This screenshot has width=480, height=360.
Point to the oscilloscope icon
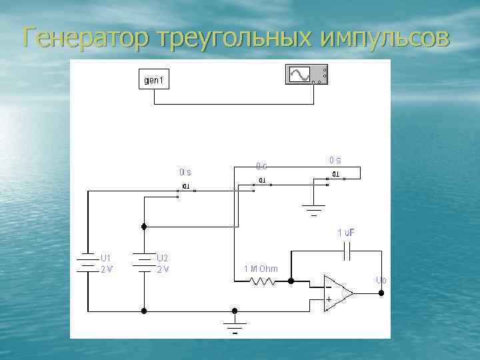coord(306,75)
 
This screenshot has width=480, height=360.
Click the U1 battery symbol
coord(88,262)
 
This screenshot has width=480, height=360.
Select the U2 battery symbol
coord(144,262)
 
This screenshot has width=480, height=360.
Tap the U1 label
coord(106,257)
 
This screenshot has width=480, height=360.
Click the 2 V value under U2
coord(163,269)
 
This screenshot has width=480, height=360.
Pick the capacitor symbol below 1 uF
coord(349,251)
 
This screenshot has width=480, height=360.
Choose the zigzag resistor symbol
coord(261,281)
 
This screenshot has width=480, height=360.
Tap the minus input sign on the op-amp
coord(328,286)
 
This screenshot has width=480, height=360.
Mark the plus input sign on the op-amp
coord(328,299)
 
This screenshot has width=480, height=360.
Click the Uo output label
coord(380,280)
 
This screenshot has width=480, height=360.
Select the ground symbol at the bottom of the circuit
coord(235,327)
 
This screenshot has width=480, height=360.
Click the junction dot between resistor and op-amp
coord(291,281)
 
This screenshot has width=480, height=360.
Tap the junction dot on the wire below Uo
coord(381,291)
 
